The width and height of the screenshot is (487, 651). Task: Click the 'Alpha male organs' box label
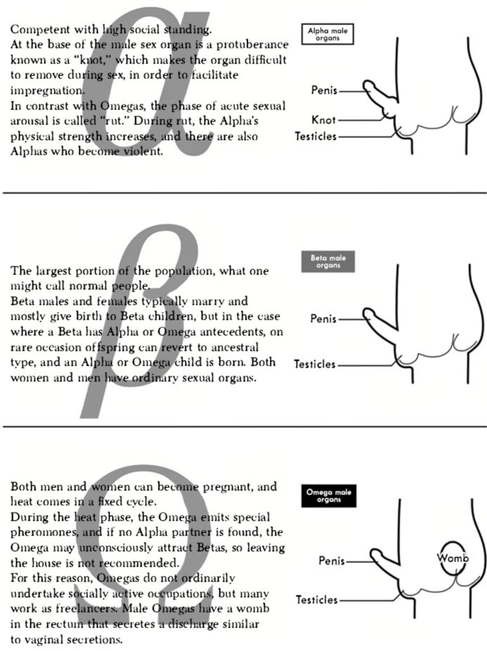coord(327,34)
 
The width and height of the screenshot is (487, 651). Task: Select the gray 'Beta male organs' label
coord(328,261)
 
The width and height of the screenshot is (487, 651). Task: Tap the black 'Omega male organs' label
coord(329,496)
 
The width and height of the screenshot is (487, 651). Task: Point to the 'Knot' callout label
coord(323,120)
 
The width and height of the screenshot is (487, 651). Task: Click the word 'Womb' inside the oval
coord(453,558)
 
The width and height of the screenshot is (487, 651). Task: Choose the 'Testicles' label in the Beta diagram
coord(315,364)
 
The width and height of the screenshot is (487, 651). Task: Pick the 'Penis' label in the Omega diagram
coord(332,560)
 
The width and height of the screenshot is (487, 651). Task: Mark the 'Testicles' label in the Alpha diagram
coord(316,136)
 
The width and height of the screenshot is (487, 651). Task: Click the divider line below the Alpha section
coord(245,193)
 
